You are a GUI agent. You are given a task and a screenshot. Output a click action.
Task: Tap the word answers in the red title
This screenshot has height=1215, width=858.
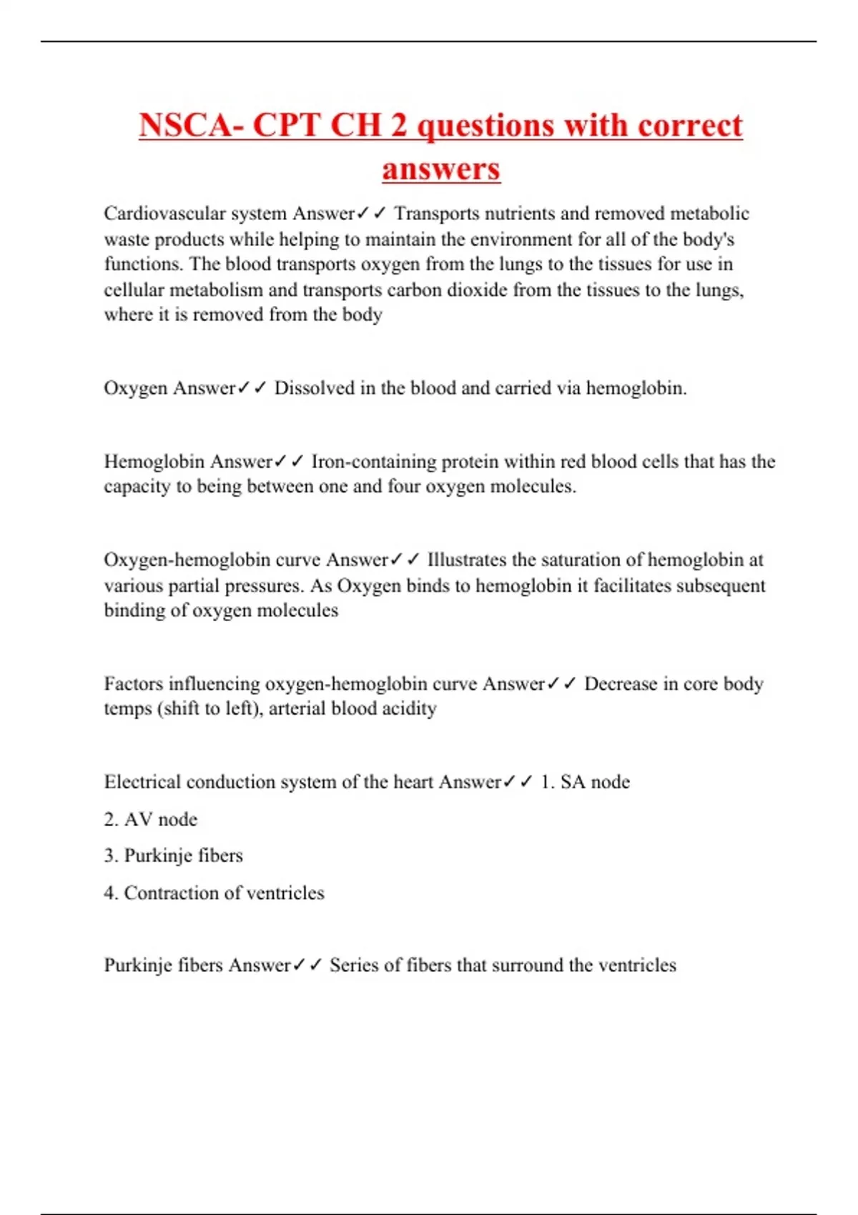(x=441, y=169)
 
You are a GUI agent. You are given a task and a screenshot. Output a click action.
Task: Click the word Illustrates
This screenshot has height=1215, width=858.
(x=466, y=560)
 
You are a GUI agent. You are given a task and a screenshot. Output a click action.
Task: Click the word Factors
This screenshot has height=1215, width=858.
(x=133, y=684)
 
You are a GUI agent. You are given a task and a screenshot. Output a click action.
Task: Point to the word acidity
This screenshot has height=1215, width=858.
(x=410, y=709)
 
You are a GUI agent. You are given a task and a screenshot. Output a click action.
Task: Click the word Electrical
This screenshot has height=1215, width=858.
(x=142, y=782)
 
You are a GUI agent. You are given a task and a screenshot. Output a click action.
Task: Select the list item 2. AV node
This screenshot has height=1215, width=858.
(x=151, y=819)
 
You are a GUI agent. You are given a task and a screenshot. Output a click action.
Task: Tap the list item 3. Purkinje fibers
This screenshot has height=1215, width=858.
(x=174, y=856)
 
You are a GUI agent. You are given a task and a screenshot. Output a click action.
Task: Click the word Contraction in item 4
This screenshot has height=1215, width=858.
(x=171, y=893)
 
